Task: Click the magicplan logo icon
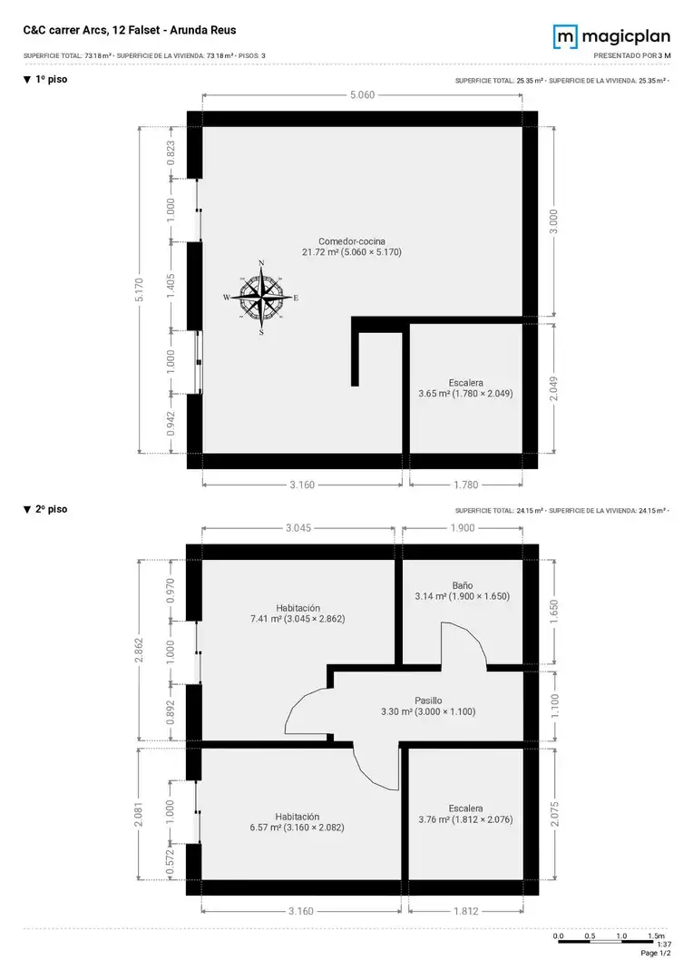(x=565, y=36)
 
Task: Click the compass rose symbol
(x=261, y=298)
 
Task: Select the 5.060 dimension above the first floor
(x=363, y=95)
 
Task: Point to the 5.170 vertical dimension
(x=140, y=290)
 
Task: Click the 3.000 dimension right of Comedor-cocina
(x=553, y=222)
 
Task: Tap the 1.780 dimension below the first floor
(x=465, y=485)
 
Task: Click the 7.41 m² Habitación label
(x=298, y=613)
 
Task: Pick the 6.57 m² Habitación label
(x=298, y=822)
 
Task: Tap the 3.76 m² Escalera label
(x=465, y=814)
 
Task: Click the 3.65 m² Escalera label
(x=465, y=388)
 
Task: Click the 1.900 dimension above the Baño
(x=463, y=528)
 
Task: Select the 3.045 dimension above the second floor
(x=298, y=528)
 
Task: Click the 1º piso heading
(x=45, y=79)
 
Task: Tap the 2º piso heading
(x=45, y=509)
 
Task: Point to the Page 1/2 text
(x=656, y=953)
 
